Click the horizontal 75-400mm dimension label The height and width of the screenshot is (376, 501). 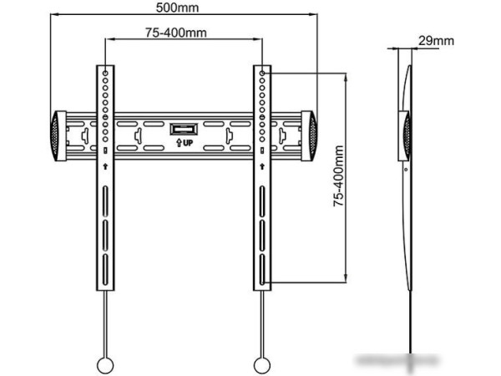(x=175, y=33)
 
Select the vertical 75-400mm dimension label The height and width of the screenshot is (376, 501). (x=338, y=175)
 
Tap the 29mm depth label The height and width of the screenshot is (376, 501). (x=436, y=40)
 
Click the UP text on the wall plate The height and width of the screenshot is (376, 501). (x=186, y=143)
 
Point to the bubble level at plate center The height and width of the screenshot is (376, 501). (x=183, y=130)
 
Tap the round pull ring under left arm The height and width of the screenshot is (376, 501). (x=105, y=364)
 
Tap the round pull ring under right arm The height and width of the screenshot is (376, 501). (x=261, y=364)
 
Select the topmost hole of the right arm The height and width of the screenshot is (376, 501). (x=262, y=74)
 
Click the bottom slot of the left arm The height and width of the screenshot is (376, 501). (x=105, y=273)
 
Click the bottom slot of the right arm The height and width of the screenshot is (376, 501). (x=262, y=272)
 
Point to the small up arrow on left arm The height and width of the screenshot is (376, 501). (x=105, y=167)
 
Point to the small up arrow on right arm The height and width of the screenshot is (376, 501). (x=262, y=167)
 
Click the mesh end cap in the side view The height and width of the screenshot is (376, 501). (x=408, y=134)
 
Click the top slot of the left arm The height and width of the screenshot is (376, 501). (x=105, y=201)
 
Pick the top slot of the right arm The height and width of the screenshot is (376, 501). (x=262, y=201)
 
